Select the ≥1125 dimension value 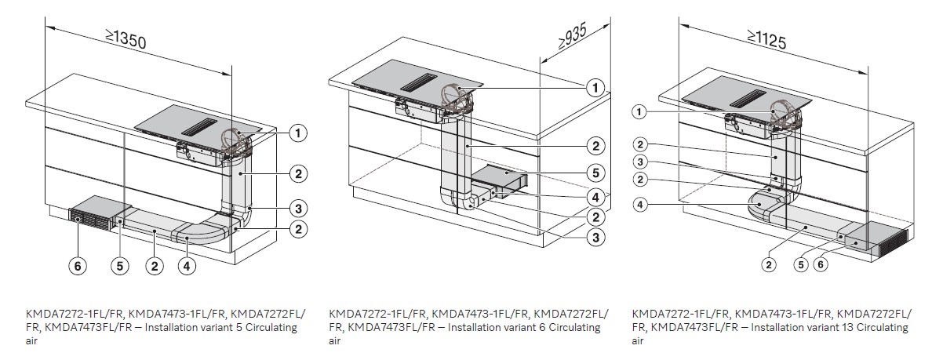tap(770, 38)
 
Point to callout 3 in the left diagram tap(297, 208)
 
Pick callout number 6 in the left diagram tap(78, 267)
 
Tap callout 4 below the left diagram tap(185, 267)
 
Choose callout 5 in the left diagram tap(119, 267)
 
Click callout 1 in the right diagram tap(640, 113)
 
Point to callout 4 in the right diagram tap(640, 206)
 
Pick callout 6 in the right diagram tap(821, 265)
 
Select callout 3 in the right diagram tap(640, 162)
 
